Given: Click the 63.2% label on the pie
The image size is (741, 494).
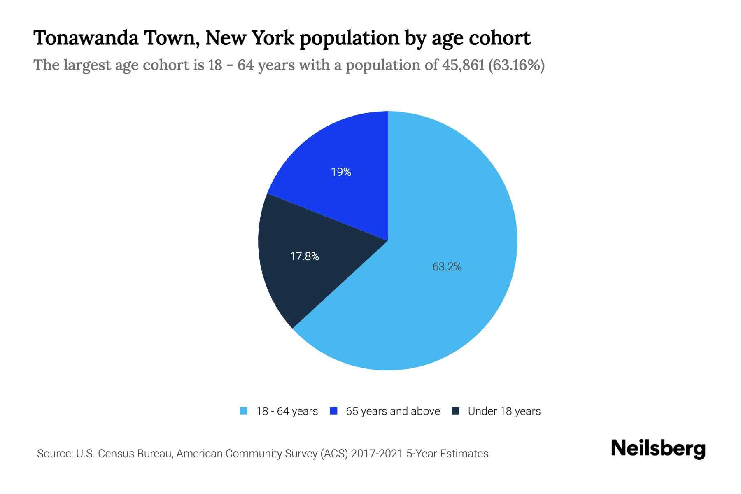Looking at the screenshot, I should pos(447,267).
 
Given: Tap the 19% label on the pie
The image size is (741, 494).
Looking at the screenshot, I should pos(341,172).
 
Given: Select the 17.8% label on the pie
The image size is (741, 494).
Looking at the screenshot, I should pos(304,256).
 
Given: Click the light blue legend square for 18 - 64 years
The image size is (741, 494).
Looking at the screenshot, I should pos(244,411).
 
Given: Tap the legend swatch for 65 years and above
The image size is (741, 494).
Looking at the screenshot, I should pos(334,411).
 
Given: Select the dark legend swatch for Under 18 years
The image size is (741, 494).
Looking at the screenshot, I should pos(456,411).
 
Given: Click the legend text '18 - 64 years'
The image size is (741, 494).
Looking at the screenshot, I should pos(287,411).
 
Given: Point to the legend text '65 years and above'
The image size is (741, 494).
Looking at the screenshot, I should pos(393,411).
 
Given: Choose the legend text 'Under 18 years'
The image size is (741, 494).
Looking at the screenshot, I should pos(504,411).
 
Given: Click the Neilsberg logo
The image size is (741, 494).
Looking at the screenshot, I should pos(658,449).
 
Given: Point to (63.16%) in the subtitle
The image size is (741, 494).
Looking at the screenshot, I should pos(516,65).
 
